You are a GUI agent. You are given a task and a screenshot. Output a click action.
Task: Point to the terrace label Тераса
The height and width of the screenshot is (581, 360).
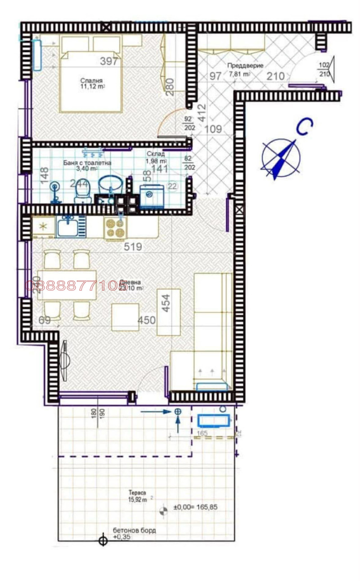click(x=140, y=492)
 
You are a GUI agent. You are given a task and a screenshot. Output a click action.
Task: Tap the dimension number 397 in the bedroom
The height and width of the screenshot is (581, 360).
click(x=109, y=61)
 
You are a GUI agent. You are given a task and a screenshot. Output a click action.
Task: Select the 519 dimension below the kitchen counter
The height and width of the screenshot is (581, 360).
click(x=133, y=247)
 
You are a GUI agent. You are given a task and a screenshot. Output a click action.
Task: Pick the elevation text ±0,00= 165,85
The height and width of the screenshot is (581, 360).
click(x=196, y=507)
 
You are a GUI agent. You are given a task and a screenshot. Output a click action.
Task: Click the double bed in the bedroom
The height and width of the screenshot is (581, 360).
click(x=90, y=81)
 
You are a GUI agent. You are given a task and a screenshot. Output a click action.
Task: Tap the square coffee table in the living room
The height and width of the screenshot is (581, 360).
click(x=125, y=317)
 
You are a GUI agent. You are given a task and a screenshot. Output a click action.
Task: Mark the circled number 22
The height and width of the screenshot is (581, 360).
click(x=172, y=185)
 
